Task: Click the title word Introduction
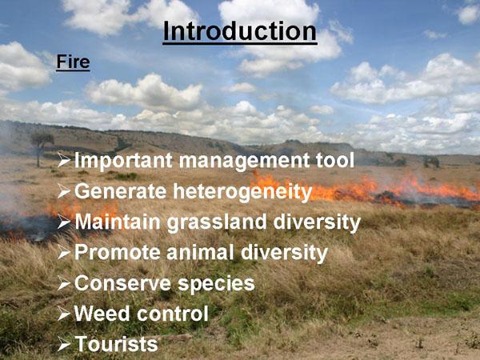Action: [240, 31]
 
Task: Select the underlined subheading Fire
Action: [73, 62]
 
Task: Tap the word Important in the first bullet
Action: [123, 161]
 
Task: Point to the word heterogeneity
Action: [242, 192]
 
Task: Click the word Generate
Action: [121, 191]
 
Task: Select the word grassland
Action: [217, 222]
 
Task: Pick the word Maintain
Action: [118, 221]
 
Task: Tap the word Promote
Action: [118, 253]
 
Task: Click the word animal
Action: [201, 252]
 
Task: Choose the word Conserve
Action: [122, 283]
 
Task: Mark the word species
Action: [216, 284]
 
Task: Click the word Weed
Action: [102, 313]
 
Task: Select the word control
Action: [173, 313]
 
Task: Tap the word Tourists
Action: [116, 343]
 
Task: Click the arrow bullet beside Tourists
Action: [64, 345]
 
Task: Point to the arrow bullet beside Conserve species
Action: [64, 283]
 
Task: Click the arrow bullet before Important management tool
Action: [64, 161]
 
